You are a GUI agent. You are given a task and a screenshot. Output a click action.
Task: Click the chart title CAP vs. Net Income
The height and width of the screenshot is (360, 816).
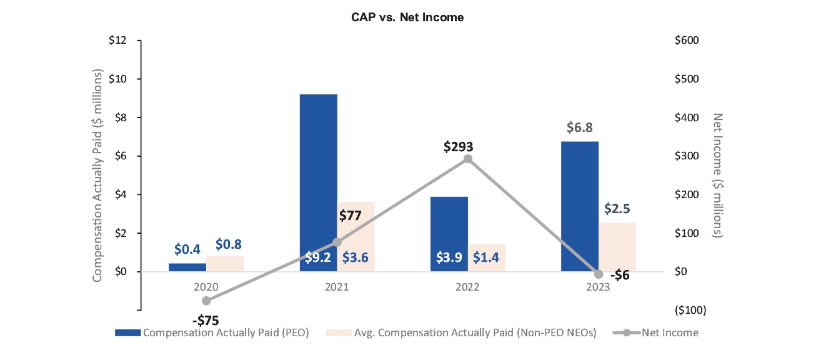(x=407, y=17)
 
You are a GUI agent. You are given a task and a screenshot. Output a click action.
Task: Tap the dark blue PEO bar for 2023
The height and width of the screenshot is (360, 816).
(x=580, y=206)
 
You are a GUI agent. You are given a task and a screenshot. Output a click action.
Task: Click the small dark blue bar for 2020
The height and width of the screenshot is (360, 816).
(x=187, y=267)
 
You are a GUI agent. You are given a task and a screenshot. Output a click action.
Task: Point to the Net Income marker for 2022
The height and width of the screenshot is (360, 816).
(x=467, y=159)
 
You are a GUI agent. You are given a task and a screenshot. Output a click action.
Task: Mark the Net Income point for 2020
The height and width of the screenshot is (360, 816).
(x=206, y=301)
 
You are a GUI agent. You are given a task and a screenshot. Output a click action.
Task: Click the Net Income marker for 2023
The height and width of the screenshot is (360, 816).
(x=599, y=274)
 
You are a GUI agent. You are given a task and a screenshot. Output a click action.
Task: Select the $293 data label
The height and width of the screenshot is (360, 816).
(x=458, y=147)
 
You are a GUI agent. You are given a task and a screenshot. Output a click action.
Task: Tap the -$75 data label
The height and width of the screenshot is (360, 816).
(x=206, y=321)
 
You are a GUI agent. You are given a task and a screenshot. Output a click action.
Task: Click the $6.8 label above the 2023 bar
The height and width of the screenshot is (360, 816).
(x=580, y=127)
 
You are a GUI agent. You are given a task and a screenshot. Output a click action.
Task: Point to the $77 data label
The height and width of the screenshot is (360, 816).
(x=351, y=216)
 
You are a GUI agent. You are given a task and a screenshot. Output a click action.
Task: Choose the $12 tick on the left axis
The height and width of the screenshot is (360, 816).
(x=118, y=41)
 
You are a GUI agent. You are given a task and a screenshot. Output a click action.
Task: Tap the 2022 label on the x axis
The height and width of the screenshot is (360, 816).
(x=467, y=287)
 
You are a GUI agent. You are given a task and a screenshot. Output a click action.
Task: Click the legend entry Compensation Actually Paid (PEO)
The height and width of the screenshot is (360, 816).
(x=212, y=332)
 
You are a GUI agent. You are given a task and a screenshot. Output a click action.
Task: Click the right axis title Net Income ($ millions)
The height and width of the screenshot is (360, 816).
(x=718, y=175)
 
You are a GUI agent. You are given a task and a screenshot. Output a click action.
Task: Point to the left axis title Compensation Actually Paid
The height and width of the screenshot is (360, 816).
(x=97, y=175)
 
